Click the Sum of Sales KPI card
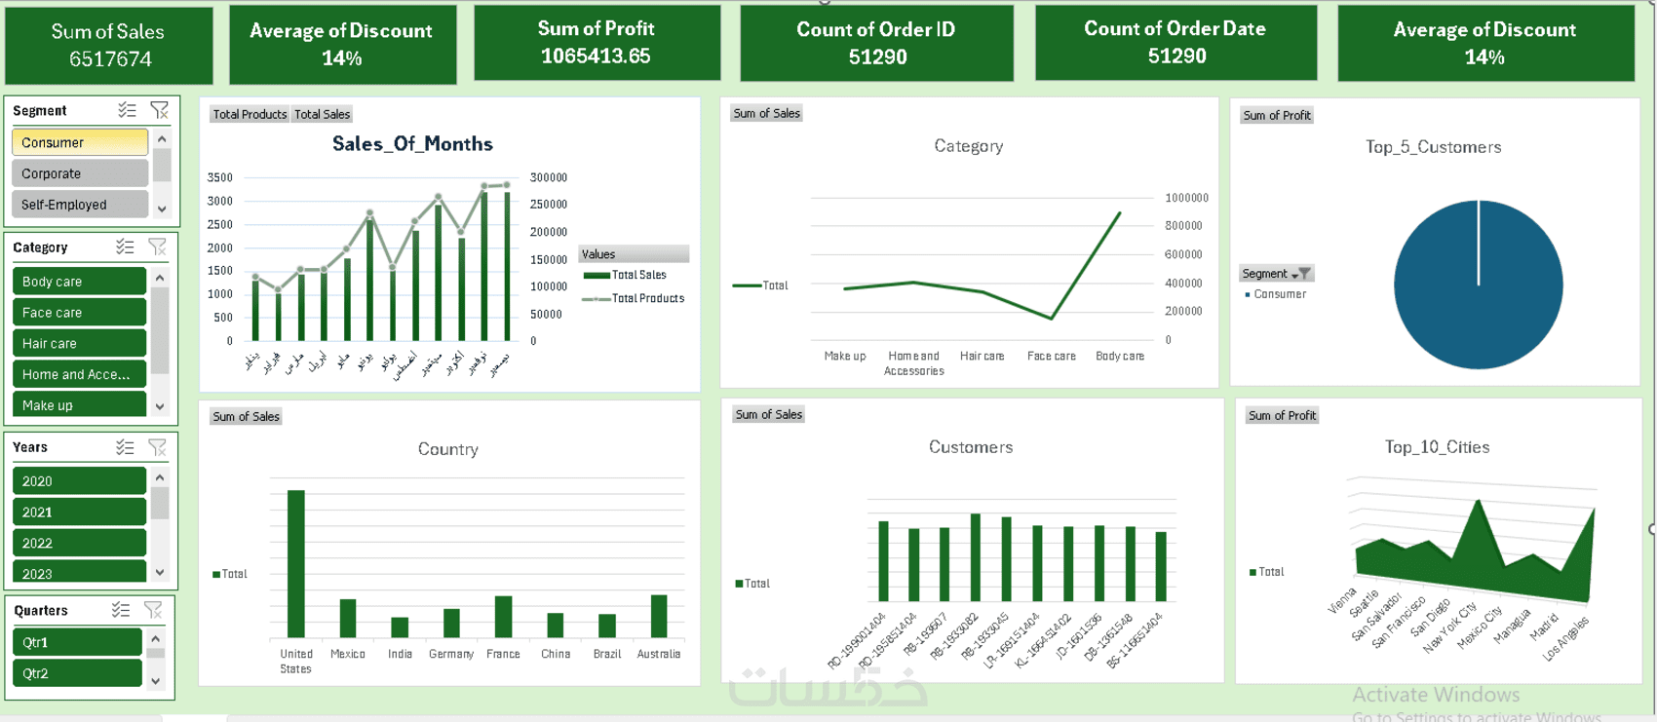click(108, 45)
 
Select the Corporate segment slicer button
click(79, 173)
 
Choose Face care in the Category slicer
click(79, 313)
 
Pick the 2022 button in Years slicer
click(79, 543)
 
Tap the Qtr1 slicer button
click(77, 642)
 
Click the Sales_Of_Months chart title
click(412, 144)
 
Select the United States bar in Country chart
click(295, 563)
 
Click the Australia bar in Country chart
click(659, 615)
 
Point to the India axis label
click(400, 654)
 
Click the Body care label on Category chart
click(1119, 357)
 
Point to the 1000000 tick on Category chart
click(1186, 198)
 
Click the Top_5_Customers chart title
click(1433, 147)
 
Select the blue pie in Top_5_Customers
click(1478, 285)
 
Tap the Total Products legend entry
click(646, 298)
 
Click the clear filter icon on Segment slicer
click(159, 111)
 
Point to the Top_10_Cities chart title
click(1437, 447)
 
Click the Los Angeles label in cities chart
click(1567, 638)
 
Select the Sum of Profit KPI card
click(597, 43)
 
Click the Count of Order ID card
click(876, 44)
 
